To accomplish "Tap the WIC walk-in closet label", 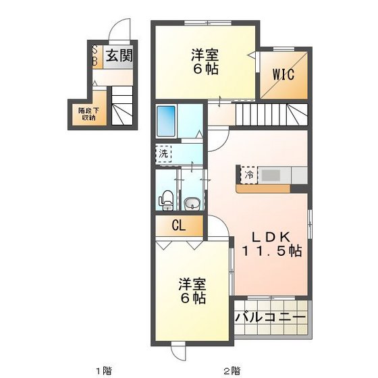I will click(x=283, y=75).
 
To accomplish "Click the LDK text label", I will click(x=271, y=237).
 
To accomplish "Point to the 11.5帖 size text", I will click(x=271, y=250).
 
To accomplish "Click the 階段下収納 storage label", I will click(x=86, y=113).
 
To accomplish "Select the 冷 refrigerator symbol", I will click(x=248, y=175).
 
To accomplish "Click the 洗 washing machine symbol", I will click(x=163, y=153).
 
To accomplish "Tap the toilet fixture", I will click(x=165, y=200).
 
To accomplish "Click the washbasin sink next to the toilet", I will click(x=191, y=201).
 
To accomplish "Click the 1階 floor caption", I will click(x=103, y=370).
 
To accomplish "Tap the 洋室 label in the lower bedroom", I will click(x=192, y=284).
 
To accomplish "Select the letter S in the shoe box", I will click(x=94, y=49).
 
